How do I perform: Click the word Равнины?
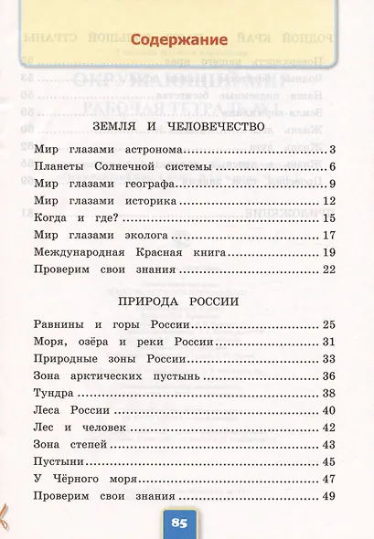click(60, 324)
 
